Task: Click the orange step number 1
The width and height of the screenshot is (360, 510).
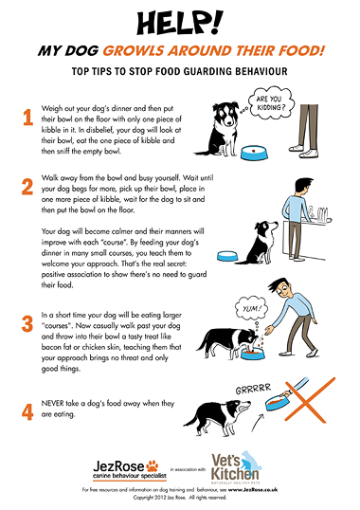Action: [27, 118]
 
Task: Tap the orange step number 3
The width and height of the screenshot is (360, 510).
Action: [27, 323]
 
